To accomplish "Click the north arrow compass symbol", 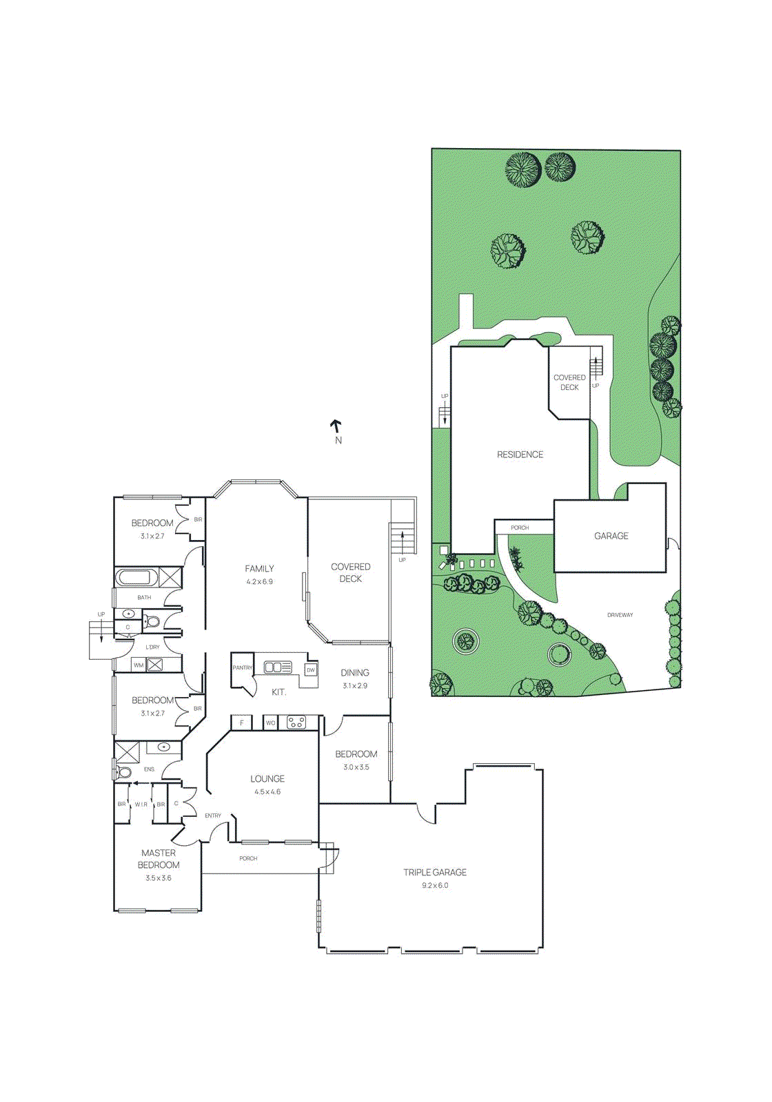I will (x=337, y=427).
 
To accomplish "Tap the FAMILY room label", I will (x=259, y=568).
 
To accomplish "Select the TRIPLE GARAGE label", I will (x=435, y=872).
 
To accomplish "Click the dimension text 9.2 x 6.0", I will (x=435, y=886).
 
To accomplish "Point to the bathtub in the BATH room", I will (x=136, y=576).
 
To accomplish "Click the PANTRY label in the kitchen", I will (x=242, y=667).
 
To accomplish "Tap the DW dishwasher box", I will (x=311, y=669).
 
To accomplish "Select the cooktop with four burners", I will (x=296, y=722).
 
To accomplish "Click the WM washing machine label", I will (x=139, y=665).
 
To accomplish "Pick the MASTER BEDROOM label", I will (x=159, y=859).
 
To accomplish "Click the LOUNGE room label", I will (x=267, y=778).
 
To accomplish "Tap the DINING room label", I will (x=355, y=672).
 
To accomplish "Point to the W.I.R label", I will (x=141, y=804).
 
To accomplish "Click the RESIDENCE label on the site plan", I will (x=520, y=455).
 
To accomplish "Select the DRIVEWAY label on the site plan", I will (x=620, y=615).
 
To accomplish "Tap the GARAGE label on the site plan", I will (x=611, y=536).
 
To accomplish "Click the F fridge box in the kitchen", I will (x=241, y=722).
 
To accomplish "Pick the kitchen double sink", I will (x=278, y=667).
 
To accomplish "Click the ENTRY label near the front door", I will (x=213, y=815).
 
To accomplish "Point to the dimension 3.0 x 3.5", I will (x=356, y=767).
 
